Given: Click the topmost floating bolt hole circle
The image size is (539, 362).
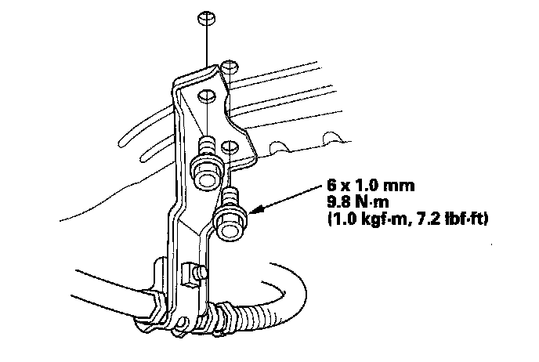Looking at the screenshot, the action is pyautogui.click(x=204, y=17).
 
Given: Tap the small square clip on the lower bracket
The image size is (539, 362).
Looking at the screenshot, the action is pyautogui.click(x=190, y=273).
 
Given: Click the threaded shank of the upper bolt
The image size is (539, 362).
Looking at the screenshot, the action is pyautogui.click(x=207, y=147).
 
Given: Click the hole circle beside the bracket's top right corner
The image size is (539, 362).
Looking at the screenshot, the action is pyautogui.click(x=230, y=67).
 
